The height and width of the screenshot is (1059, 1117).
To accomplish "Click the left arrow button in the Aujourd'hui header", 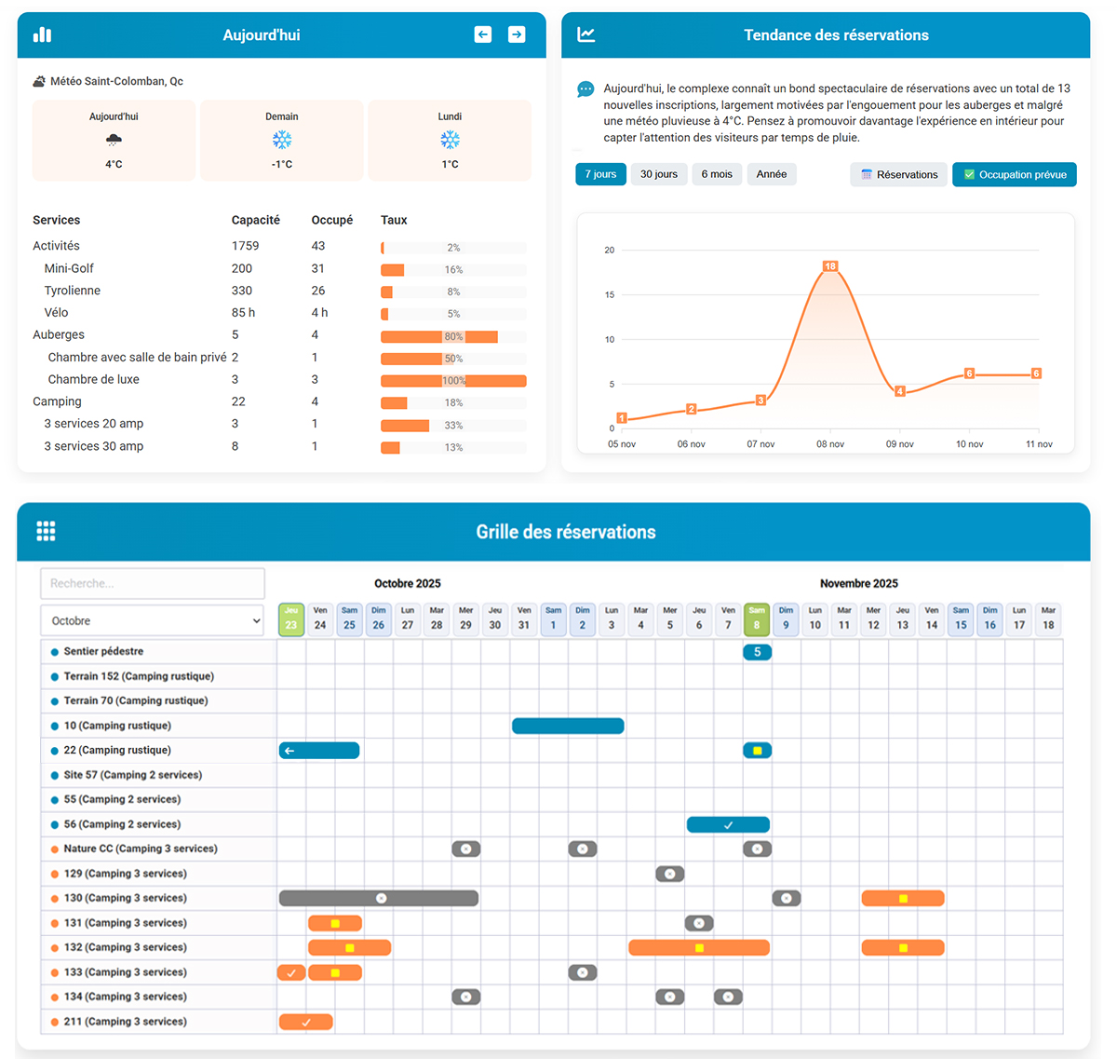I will click(x=482, y=34).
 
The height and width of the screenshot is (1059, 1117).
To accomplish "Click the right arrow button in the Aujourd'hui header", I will click(x=517, y=34).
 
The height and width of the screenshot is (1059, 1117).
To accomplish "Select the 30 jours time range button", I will click(x=658, y=174).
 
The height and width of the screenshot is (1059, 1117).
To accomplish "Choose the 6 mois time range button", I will click(x=716, y=174).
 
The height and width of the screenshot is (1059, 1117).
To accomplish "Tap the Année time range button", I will click(x=771, y=174).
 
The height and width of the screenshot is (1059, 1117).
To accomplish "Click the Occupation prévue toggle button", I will click(x=1014, y=175).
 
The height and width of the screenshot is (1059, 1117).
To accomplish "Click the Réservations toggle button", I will click(x=898, y=175).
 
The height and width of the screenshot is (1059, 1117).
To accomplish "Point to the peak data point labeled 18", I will click(x=829, y=266).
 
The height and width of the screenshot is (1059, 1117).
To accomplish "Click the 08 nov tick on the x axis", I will click(x=829, y=444).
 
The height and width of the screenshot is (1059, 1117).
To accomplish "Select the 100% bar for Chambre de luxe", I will click(x=453, y=381).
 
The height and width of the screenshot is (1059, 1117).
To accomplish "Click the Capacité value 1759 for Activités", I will click(x=246, y=246).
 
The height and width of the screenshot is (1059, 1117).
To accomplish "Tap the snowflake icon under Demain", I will click(x=282, y=140).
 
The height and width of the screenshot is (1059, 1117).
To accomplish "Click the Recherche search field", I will click(x=153, y=583).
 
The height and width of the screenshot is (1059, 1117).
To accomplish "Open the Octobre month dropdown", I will click(x=153, y=620).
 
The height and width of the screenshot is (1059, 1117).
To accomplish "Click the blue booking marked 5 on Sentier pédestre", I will click(x=757, y=652).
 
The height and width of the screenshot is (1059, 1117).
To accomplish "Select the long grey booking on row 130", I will click(x=379, y=899).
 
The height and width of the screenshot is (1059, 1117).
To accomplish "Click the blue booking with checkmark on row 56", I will click(x=728, y=824).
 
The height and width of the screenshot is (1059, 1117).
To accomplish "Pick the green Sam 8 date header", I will click(x=757, y=619).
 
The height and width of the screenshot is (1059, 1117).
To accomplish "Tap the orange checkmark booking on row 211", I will click(x=305, y=1023).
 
